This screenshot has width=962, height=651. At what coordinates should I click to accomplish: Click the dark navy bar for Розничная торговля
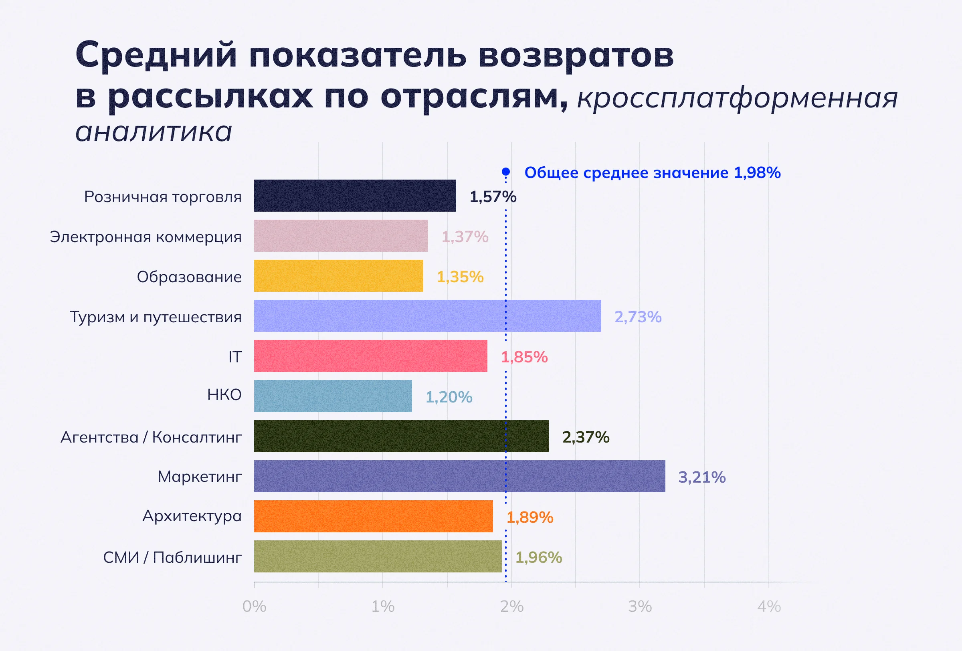355,196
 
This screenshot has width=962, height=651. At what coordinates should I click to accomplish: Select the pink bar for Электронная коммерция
341,236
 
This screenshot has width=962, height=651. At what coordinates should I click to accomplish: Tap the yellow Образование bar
338,276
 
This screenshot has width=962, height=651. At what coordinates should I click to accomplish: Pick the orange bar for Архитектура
373,516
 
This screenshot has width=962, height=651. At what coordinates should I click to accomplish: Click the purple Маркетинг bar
459,476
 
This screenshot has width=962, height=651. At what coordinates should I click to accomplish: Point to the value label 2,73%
637,317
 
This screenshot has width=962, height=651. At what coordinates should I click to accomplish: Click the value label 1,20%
449,397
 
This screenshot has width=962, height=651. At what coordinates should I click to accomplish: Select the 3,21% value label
701,477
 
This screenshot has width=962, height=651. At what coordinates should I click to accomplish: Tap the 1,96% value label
539,558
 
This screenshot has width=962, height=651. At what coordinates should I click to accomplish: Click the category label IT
235,357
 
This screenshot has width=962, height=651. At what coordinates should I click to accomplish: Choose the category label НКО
224,395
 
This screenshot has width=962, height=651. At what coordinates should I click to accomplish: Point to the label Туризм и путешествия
156,317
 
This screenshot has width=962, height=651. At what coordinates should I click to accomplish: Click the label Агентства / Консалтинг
151,437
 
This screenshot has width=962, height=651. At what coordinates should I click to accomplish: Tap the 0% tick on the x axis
254,607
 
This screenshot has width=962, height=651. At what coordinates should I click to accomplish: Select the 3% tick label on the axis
640,607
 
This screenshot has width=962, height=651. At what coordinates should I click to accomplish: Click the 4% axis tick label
769,607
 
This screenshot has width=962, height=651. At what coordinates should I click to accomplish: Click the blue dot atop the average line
506,172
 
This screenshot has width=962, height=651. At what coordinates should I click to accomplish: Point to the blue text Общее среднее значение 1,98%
653,173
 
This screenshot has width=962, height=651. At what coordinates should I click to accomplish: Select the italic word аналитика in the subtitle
154,132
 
